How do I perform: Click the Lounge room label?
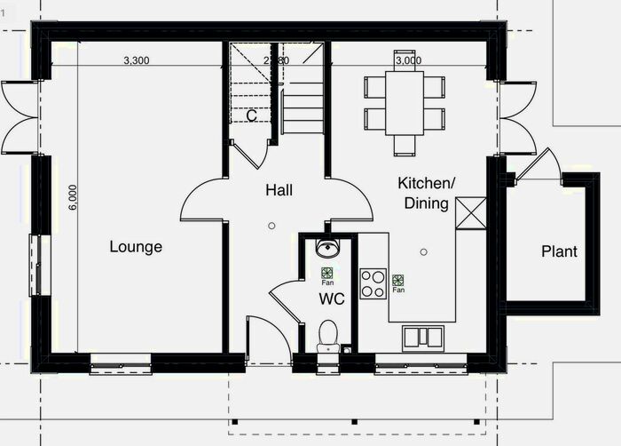(x=136, y=246)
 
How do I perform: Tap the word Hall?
(x=279, y=189)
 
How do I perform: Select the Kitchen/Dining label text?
(x=426, y=193)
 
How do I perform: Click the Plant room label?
(x=559, y=251)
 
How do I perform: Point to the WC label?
(x=332, y=299)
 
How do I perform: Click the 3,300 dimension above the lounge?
(x=136, y=60)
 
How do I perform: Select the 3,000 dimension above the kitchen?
(x=408, y=60)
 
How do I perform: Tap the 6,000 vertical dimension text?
(x=73, y=196)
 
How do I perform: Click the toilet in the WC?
(x=327, y=335)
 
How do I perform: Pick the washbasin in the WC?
(x=327, y=248)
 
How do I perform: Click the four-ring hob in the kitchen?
(x=373, y=283)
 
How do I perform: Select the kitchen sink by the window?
(x=424, y=337)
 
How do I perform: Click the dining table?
(x=404, y=102)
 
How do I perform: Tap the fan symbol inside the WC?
(x=327, y=274)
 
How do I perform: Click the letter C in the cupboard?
(x=252, y=115)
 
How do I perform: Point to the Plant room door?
(x=532, y=164)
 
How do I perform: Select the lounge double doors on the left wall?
(x=20, y=115)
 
